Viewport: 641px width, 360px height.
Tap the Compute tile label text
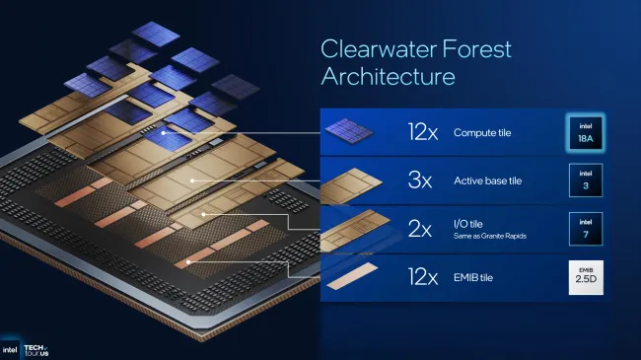[485, 131]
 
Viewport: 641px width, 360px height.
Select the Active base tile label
[492, 180]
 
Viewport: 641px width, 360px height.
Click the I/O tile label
[471, 226]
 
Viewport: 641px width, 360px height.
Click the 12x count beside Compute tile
[423, 131]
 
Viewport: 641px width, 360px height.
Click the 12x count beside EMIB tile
[423, 279]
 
